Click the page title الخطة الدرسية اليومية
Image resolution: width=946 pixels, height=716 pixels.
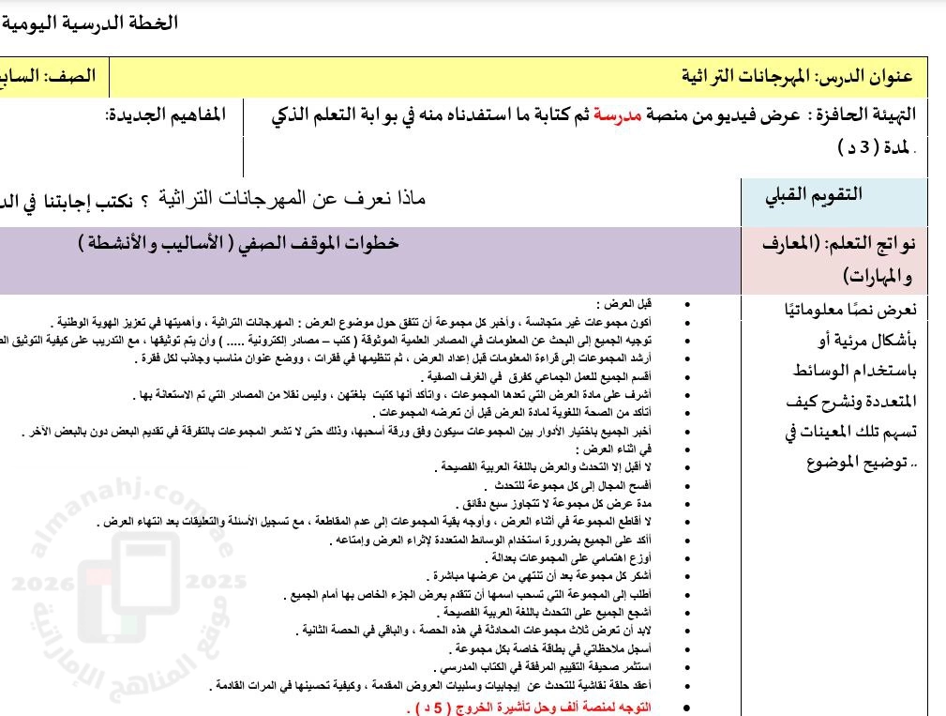(89, 23)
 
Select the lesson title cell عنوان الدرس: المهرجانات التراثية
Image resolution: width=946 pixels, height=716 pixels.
(797, 76)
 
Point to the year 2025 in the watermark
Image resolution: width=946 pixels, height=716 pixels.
(214, 582)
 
